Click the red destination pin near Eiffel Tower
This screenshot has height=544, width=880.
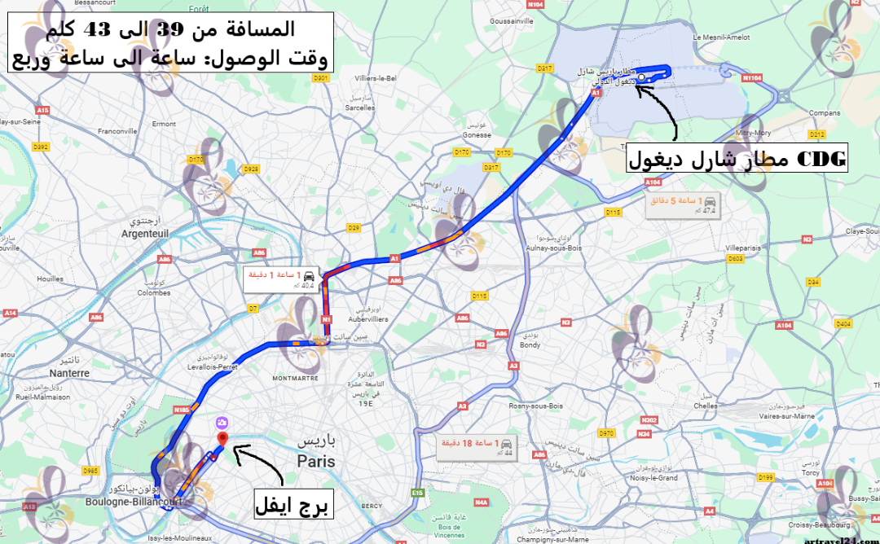click(221, 440)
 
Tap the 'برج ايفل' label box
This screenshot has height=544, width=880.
click(292, 504)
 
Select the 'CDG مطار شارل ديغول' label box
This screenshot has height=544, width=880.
click(737, 158)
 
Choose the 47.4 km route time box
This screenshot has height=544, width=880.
click(683, 205)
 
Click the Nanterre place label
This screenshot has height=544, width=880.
click(68, 373)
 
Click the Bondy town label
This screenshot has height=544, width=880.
click(530, 344)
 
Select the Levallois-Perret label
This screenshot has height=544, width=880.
click(217, 367)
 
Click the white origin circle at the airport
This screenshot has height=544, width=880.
click(642, 77)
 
